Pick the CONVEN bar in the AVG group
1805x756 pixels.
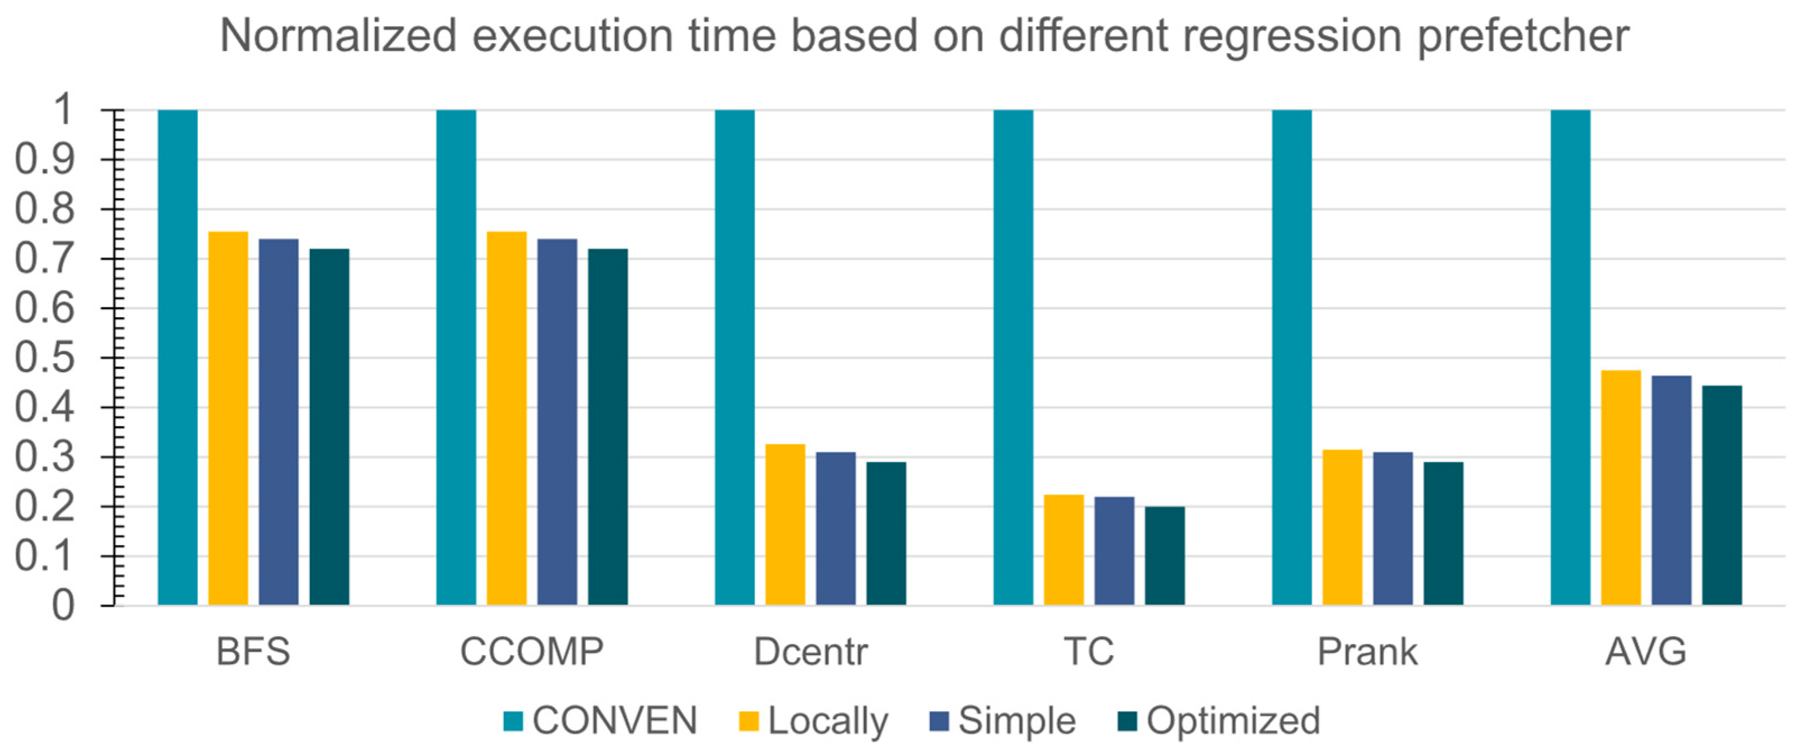pos(1570,358)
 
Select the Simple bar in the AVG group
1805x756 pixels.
pos(1671,490)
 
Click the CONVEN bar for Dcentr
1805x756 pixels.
pos(734,358)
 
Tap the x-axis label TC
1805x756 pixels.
pos(1088,652)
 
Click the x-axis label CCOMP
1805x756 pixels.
pos(531,652)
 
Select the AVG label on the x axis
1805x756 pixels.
pos(1645,652)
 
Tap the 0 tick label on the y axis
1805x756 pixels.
pos(63,605)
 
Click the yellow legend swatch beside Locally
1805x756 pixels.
pos(748,721)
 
